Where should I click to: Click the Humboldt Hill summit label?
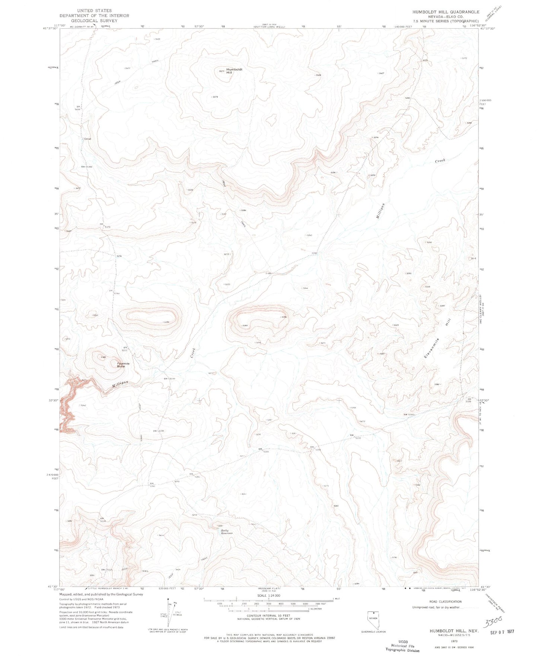click(x=234, y=71)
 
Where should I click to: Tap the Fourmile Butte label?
click(x=123, y=365)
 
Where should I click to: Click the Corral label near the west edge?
click(x=87, y=139)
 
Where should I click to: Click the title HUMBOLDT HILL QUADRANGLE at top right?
click(x=446, y=12)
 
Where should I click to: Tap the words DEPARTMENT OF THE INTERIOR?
click(x=95, y=16)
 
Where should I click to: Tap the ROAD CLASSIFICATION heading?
click(x=445, y=601)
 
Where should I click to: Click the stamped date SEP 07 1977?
click(x=502, y=631)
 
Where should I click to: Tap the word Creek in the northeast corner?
click(x=440, y=161)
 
